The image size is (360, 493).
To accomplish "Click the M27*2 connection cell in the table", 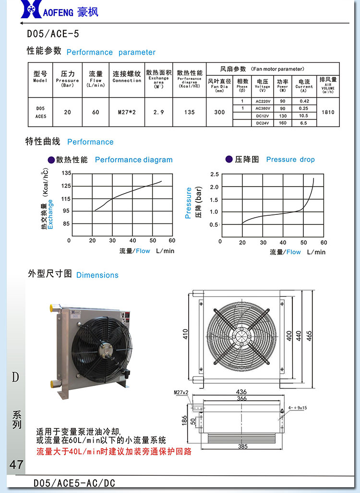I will click(127, 112).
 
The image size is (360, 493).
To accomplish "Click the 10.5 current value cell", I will click(303, 116).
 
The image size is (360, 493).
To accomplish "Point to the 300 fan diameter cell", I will click(219, 112).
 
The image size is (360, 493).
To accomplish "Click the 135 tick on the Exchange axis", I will click(66, 173).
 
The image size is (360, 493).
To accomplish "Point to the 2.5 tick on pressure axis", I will click(214, 174).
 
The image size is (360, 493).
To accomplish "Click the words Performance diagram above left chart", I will click(133, 160).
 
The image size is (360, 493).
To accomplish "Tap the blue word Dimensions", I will click(97, 275).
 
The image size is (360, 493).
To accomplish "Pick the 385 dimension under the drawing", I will click(243, 446).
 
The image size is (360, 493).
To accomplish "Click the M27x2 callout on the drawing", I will click(181, 392).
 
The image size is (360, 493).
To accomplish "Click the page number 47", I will click(16, 464).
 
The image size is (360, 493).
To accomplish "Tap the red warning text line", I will click(114, 451).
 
